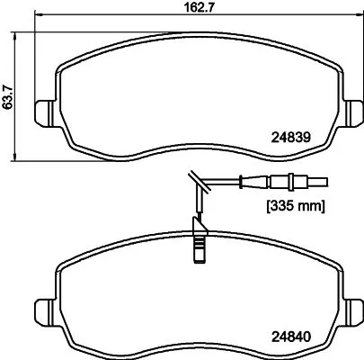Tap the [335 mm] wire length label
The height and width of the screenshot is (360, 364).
[x=294, y=204]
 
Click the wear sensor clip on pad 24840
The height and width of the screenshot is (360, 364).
[x=198, y=246]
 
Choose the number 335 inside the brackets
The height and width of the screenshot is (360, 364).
[x=280, y=204]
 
